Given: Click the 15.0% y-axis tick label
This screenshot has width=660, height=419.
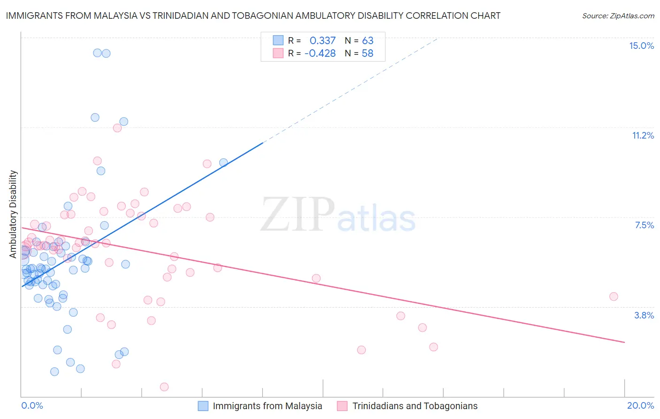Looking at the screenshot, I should (x=641, y=46).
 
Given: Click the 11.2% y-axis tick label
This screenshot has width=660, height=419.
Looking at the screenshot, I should (x=643, y=135).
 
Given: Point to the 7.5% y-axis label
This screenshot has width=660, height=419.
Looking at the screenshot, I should (x=644, y=225).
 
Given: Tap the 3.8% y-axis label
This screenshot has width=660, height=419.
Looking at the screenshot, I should (x=644, y=315).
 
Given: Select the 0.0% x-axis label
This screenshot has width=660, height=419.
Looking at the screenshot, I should (x=32, y=405).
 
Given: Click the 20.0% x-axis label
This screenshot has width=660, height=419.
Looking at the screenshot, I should (x=640, y=405).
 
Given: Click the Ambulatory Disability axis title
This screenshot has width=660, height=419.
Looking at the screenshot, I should (x=13, y=214).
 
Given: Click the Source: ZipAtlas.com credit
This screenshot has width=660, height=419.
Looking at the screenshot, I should (x=618, y=16).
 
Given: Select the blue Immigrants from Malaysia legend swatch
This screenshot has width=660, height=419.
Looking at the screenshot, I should (x=203, y=406).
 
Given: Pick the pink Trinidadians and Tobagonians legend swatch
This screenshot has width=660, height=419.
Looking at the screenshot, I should (x=342, y=406).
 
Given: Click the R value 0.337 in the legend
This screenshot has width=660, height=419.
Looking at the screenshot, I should (x=322, y=40).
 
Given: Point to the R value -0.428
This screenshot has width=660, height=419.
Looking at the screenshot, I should (x=320, y=53).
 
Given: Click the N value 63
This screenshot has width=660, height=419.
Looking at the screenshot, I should (x=368, y=40).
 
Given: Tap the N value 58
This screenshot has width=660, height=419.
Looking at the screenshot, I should (x=368, y=53).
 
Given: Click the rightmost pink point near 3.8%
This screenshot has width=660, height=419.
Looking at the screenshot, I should (x=614, y=296).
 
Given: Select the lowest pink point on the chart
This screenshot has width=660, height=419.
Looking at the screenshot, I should (x=164, y=387).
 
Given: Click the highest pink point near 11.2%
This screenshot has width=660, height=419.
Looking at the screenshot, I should (x=117, y=128).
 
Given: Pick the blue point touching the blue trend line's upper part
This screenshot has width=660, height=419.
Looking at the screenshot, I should (x=223, y=163).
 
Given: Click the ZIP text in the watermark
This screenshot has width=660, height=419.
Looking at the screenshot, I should (x=298, y=215).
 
